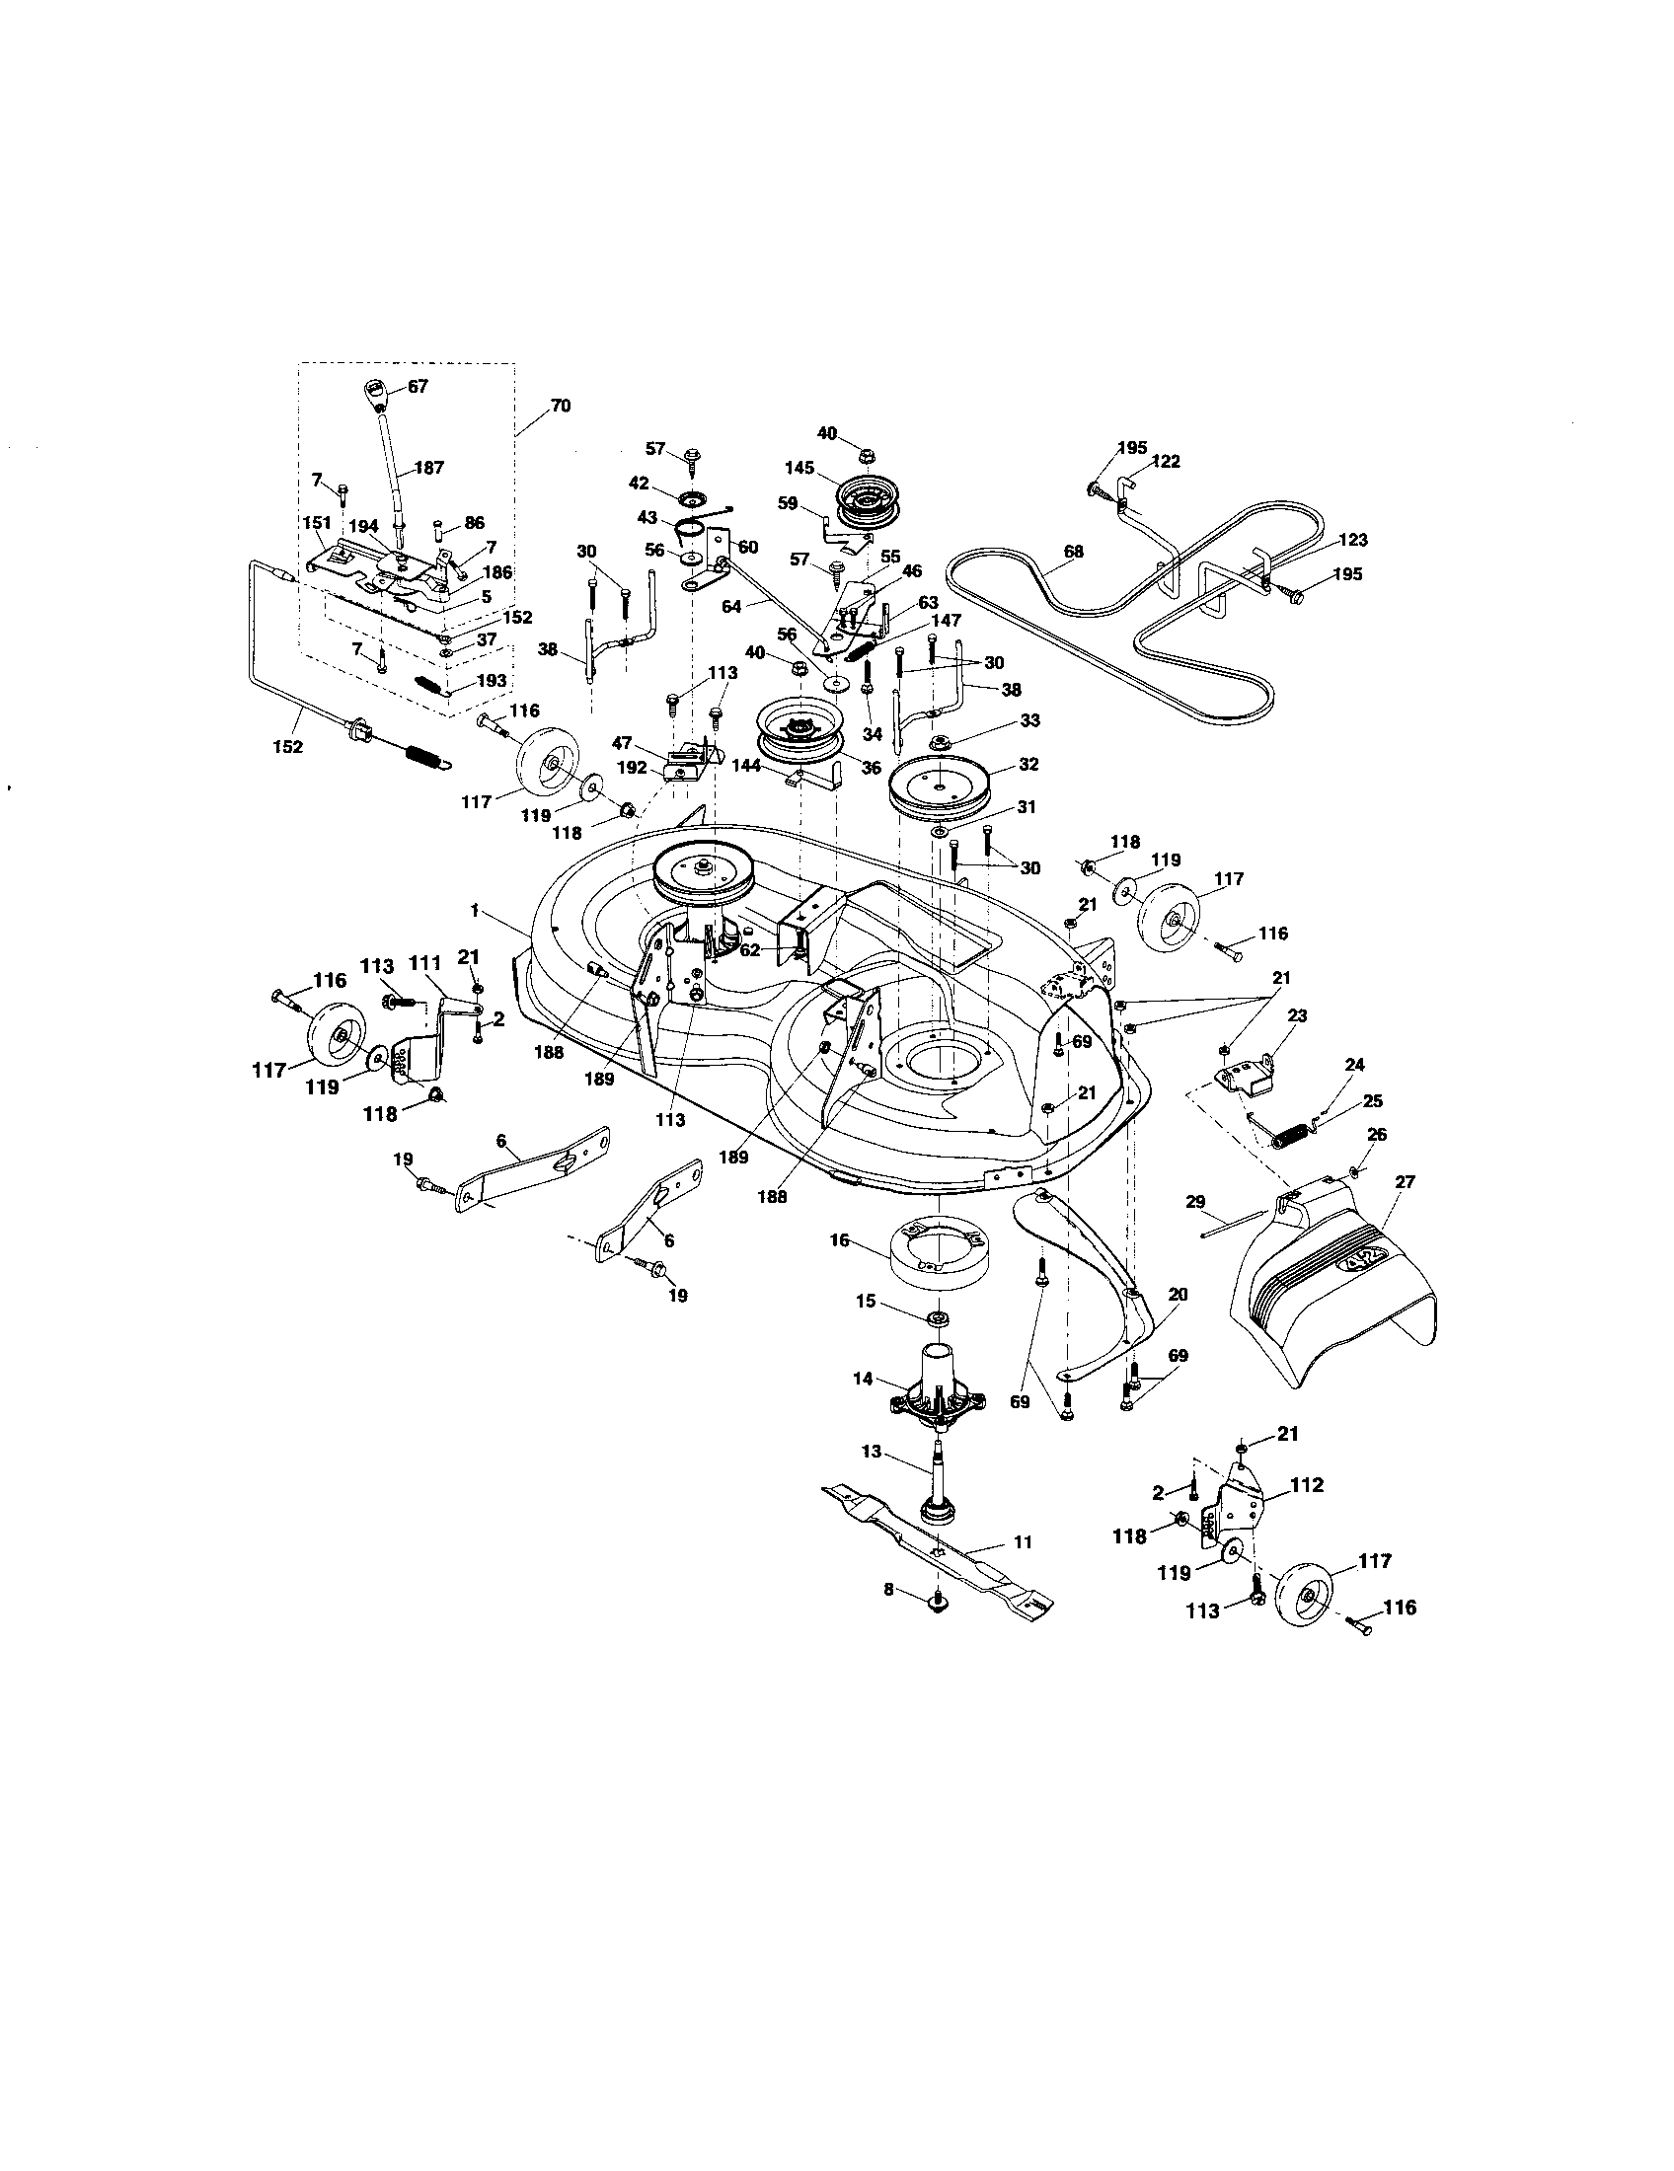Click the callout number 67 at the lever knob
[x=418, y=387]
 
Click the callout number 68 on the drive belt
[x=1073, y=551]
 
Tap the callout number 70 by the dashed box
[x=560, y=406]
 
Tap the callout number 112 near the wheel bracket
[x=1306, y=1485]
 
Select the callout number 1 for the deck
[x=475, y=910]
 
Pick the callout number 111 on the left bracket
[x=424, y=965]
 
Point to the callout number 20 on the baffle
[x=1178, y=1296]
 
